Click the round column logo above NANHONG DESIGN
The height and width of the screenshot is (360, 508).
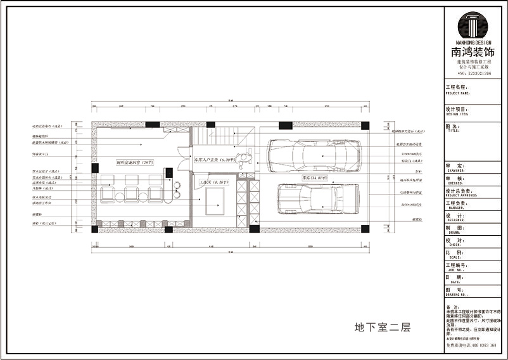click(x=473, y=26)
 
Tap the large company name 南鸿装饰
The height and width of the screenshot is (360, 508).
click(x=473, y=53)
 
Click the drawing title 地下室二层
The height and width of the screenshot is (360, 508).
click(x=382, y=328)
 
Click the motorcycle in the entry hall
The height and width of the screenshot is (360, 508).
click(x=244, y=157)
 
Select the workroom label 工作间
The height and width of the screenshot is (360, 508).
click(x=210, y=183)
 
